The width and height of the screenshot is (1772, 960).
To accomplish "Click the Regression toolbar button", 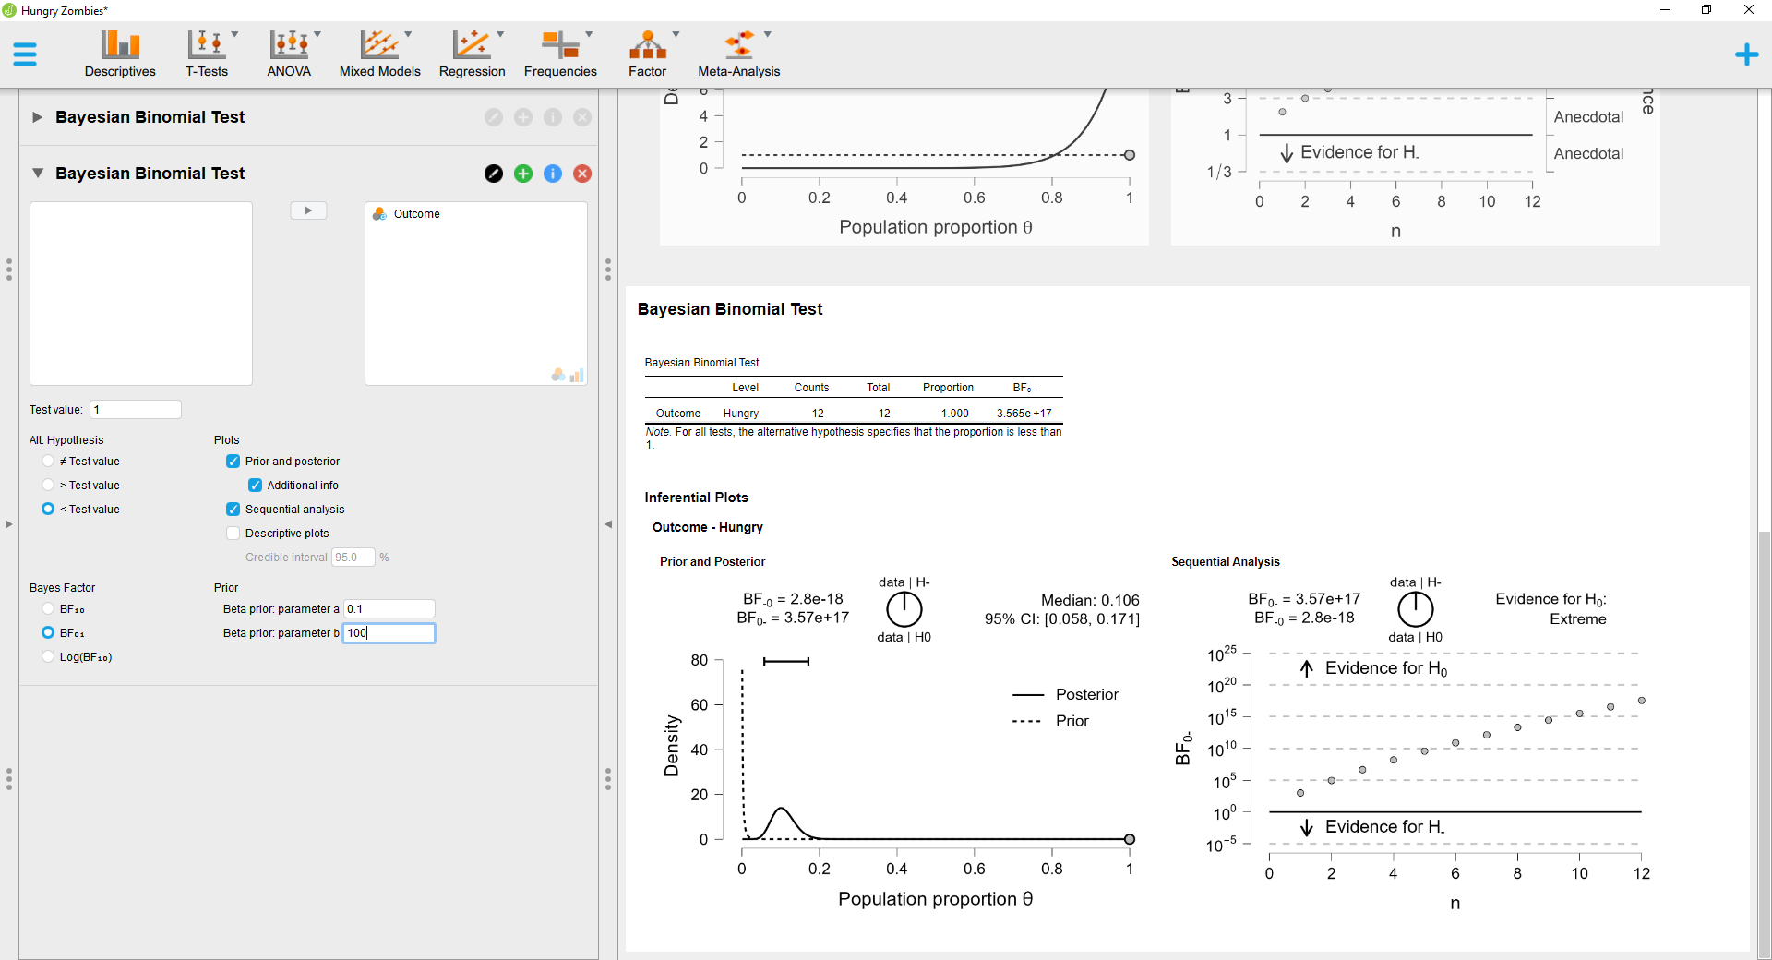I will [x=472, y=54].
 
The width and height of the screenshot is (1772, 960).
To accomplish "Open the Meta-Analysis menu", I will [x=738, y=54].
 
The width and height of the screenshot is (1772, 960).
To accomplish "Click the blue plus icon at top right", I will [x=1746, y=54].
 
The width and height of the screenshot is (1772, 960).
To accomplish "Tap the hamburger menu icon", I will [x=25, y=54].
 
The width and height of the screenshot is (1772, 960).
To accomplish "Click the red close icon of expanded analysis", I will [x=582, y=174].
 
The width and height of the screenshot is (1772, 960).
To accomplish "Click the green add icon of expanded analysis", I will [x=523, y=174].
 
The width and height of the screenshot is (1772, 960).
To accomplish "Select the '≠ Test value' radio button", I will [x=48, y=462].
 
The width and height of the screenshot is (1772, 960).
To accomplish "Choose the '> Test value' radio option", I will [x=48, y=486].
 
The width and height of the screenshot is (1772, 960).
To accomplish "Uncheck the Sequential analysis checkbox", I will [x=233, y=510].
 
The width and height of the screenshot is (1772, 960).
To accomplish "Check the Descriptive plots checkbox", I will [x=233, y=534].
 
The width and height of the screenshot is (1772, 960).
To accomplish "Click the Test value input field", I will [x=135, y=410].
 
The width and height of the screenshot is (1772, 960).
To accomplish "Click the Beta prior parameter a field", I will [x=389, y=609].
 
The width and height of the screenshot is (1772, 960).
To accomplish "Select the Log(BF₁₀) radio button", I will [x=48, y=657].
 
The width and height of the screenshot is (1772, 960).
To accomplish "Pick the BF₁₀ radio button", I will [x=48, y=609].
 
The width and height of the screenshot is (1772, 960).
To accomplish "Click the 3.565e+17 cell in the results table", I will [x=1024, y=414].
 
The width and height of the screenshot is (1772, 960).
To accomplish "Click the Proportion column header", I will [x=948, y=388].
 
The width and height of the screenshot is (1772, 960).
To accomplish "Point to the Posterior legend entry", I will [x=1086, y=694].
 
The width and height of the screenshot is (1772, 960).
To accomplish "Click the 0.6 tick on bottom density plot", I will [x=975, y=869].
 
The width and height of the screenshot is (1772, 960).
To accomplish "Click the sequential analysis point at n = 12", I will [x=1642, y=701].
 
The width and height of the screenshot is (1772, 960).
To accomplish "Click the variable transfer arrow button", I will [x=308, y=210].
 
